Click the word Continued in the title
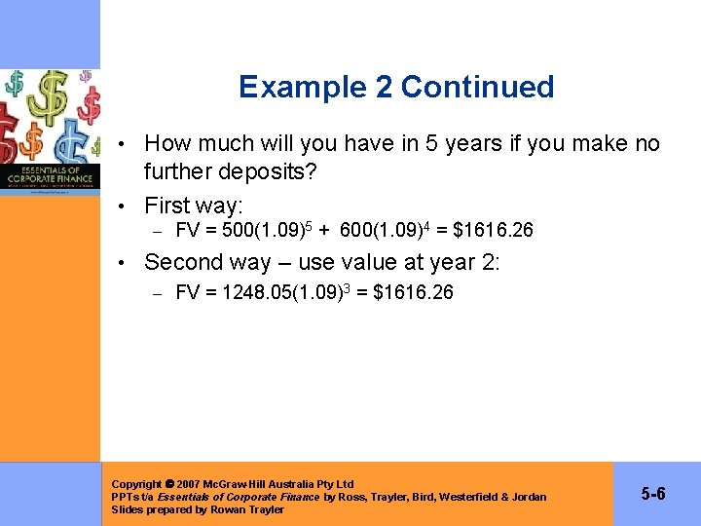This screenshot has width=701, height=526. coord(477,87)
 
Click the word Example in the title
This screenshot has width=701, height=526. coord(297,87)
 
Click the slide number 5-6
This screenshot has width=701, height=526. coord(653,494)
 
